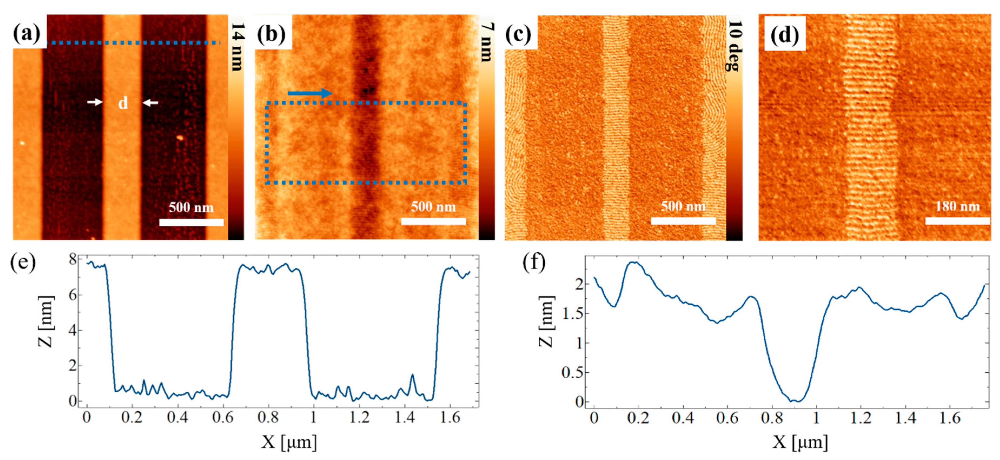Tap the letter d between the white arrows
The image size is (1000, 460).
(123, 103)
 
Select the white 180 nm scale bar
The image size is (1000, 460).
(957, 221)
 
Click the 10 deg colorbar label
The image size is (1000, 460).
(735, 46)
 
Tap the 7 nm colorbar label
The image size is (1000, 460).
(487, 43)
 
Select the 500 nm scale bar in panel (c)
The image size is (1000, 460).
(683, 221)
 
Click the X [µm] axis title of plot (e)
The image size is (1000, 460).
(289, 442)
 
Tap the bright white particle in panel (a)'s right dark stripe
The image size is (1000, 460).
(180, 137)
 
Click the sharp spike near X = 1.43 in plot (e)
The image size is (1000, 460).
(412, 375)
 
